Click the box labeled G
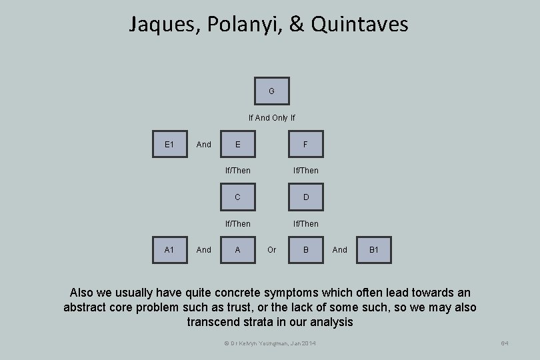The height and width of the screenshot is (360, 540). click(272, 91)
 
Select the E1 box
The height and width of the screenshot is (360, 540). click(169, 144)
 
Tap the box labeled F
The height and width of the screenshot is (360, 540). click(305, 144)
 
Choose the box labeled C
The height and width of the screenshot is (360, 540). click(238, 197)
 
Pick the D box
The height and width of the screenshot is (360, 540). click(305, 197)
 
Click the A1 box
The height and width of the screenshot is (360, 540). click(169, 250)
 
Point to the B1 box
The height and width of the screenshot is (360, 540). click(374, 250)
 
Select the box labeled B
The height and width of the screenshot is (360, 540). click(305, 250)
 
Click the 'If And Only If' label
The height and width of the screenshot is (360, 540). click(272, 118)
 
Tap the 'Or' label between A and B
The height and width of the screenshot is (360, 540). click(272, 250)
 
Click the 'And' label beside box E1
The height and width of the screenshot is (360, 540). click(204, 145)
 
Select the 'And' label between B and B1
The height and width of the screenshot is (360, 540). click(340, 250)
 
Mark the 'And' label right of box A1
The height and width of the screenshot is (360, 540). click(204, 250)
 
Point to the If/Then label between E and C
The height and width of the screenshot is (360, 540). click(238, 171)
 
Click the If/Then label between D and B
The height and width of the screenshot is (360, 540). click(305, 224)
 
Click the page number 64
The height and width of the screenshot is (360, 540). click(505, 343)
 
